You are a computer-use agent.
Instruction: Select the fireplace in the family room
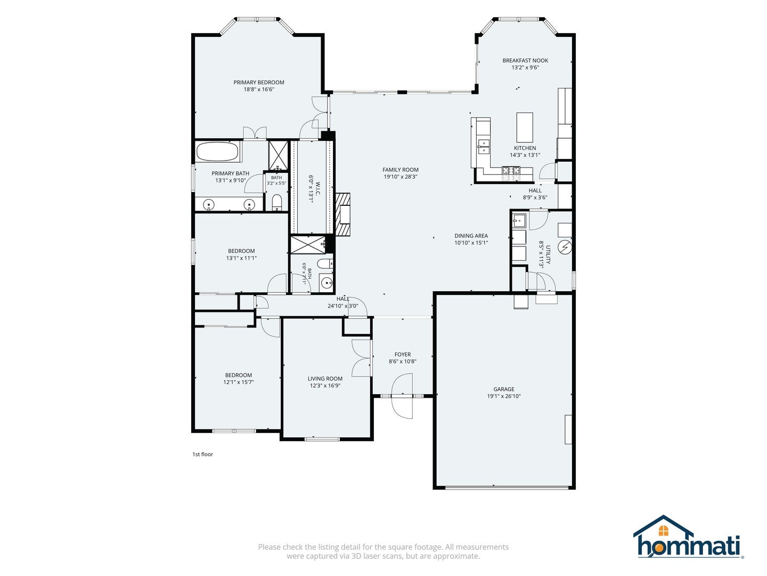pos(343,214)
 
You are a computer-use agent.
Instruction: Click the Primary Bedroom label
pos(258,82)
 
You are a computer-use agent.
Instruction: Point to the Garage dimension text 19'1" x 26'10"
pos(504,396)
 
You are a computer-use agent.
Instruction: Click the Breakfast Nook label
pos(525,60)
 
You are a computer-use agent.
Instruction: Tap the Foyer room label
pos(403,354)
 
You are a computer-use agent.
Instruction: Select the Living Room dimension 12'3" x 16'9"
pos(325,386)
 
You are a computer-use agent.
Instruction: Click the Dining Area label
pos(471,236)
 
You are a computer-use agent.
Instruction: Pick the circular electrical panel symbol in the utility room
pos(565,247)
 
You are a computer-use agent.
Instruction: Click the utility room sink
pos(519,220)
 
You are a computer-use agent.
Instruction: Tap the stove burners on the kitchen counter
pos(511,170)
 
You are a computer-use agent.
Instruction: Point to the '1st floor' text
pos(203,454)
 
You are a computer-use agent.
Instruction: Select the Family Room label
pos(401,170)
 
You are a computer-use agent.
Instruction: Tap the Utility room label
pos(548,254)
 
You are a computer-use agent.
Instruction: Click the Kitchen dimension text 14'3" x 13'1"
pos(525,155)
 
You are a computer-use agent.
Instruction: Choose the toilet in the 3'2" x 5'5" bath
pos(276,202)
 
